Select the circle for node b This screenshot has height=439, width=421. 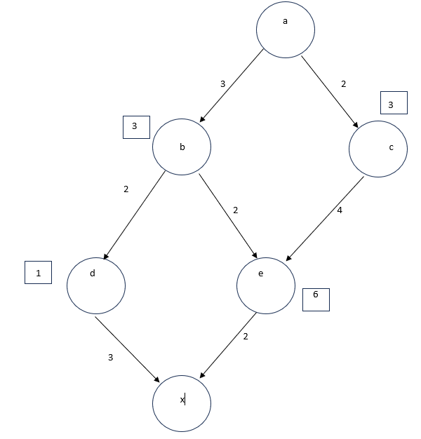point(182,147)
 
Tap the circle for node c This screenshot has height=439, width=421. point(377,148)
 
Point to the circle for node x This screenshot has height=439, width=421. point(182,403)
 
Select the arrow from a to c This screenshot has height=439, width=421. point(330,90)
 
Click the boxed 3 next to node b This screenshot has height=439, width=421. point(135,126)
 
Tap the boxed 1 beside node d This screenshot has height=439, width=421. point(38,272)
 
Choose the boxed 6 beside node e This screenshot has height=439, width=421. point(316,299)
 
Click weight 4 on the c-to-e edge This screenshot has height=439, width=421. point(340,210)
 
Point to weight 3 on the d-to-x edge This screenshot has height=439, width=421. point(110,358)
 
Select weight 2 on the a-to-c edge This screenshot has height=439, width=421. point(343,84)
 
